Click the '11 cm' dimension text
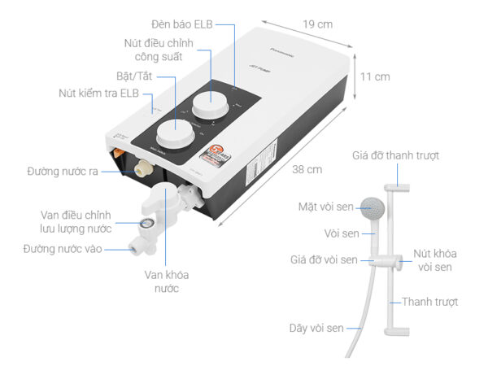[x=375, y=76]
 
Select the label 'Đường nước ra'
[x=63, y=172]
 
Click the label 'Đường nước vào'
[x=63, y=249]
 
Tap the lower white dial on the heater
[x=175, y=131]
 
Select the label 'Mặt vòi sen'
[x=325, y=207]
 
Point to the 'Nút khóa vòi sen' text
[x=432, y=259]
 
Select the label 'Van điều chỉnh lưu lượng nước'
[x=78, y=221]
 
